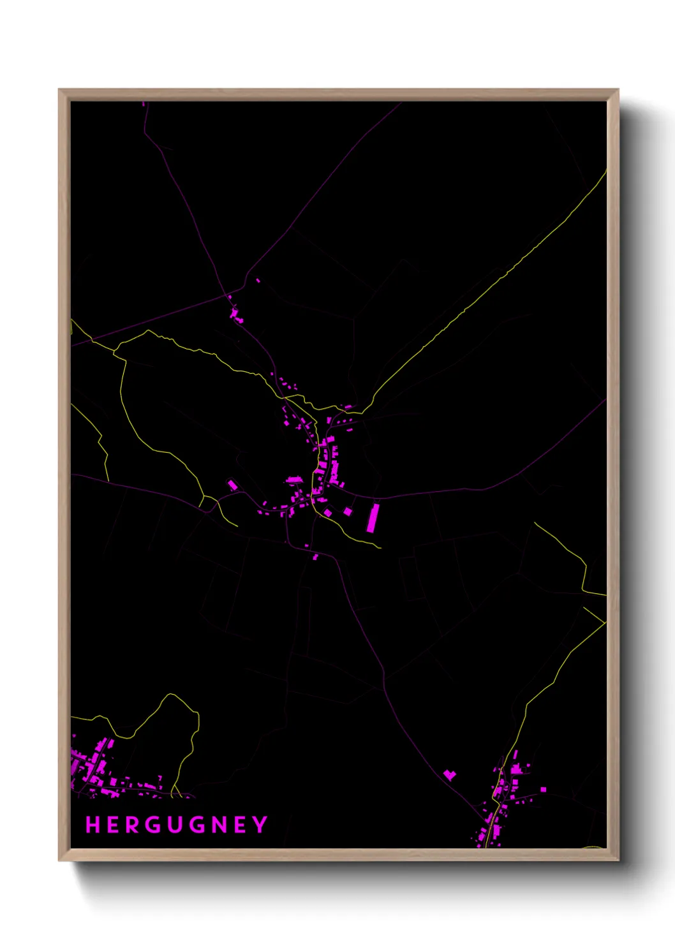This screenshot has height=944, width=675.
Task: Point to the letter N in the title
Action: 218,825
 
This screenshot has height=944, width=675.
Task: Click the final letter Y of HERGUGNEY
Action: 260,825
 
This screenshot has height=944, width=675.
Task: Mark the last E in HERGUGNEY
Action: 240,825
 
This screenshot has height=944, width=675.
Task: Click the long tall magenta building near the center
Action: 373,518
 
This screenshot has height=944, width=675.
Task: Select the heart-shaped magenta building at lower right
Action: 450,775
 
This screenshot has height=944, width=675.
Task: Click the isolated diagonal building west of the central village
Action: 233,486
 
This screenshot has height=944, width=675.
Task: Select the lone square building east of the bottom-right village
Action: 544,790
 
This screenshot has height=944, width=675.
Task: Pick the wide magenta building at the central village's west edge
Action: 294,480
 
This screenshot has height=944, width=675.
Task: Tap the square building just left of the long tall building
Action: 348,512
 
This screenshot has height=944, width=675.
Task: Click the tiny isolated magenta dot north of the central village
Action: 258,280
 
